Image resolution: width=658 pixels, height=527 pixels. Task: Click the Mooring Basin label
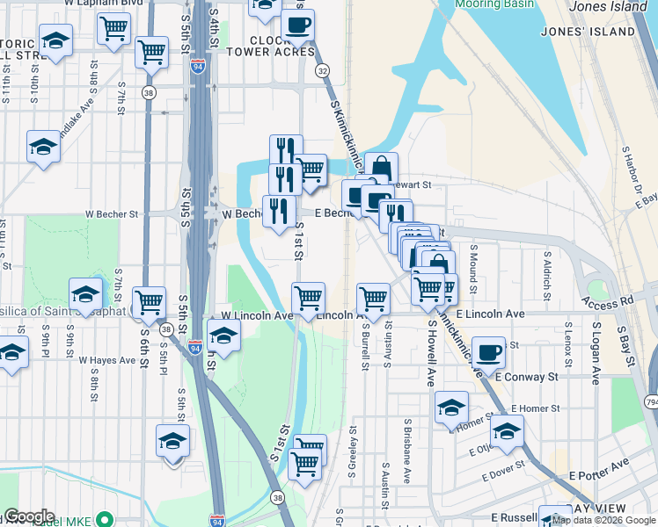tap(495, 4)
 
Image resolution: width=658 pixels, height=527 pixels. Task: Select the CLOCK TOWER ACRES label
tap(281, 47)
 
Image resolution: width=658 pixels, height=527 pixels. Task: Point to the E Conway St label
tap(527, 377)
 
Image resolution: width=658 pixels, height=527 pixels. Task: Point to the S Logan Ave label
tap(596, 352)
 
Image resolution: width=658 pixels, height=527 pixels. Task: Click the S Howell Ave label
tap(431, 353)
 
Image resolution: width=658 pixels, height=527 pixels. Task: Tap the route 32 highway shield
tap(323, 70)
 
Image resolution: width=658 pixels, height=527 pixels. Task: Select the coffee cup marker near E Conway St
tap(488, 352)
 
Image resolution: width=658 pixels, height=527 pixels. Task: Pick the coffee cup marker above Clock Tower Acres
tap(298, 25)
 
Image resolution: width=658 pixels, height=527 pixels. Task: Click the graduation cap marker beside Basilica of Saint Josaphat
tap(86, 293)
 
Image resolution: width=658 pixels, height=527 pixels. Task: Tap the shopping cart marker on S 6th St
tap(150, 301)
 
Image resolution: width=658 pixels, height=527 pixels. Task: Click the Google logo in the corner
tap(28, 516)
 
